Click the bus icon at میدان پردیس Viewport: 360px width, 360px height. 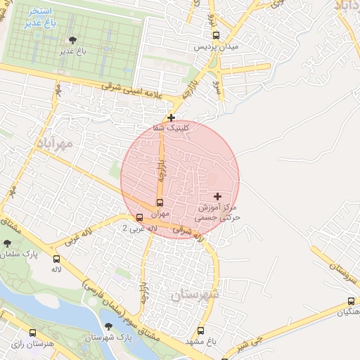coord(215,35)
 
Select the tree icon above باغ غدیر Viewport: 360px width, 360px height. coord(71,41)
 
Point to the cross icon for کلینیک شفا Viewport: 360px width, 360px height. coord(171,117)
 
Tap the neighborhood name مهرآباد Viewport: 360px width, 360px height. coord(53,143)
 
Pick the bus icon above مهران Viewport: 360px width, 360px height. coord(160,203)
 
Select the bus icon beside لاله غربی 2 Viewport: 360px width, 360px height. coord(139,218)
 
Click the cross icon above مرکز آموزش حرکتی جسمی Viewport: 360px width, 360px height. coord(217,195)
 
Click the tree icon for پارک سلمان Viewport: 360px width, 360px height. coord(7,243)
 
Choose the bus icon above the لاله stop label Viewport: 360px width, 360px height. coord(56,259)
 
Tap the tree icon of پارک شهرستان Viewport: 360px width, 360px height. coord(108,326)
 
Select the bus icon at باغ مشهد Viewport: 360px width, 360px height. coord(200,330)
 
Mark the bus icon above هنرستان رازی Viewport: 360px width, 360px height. coord(13,333)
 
